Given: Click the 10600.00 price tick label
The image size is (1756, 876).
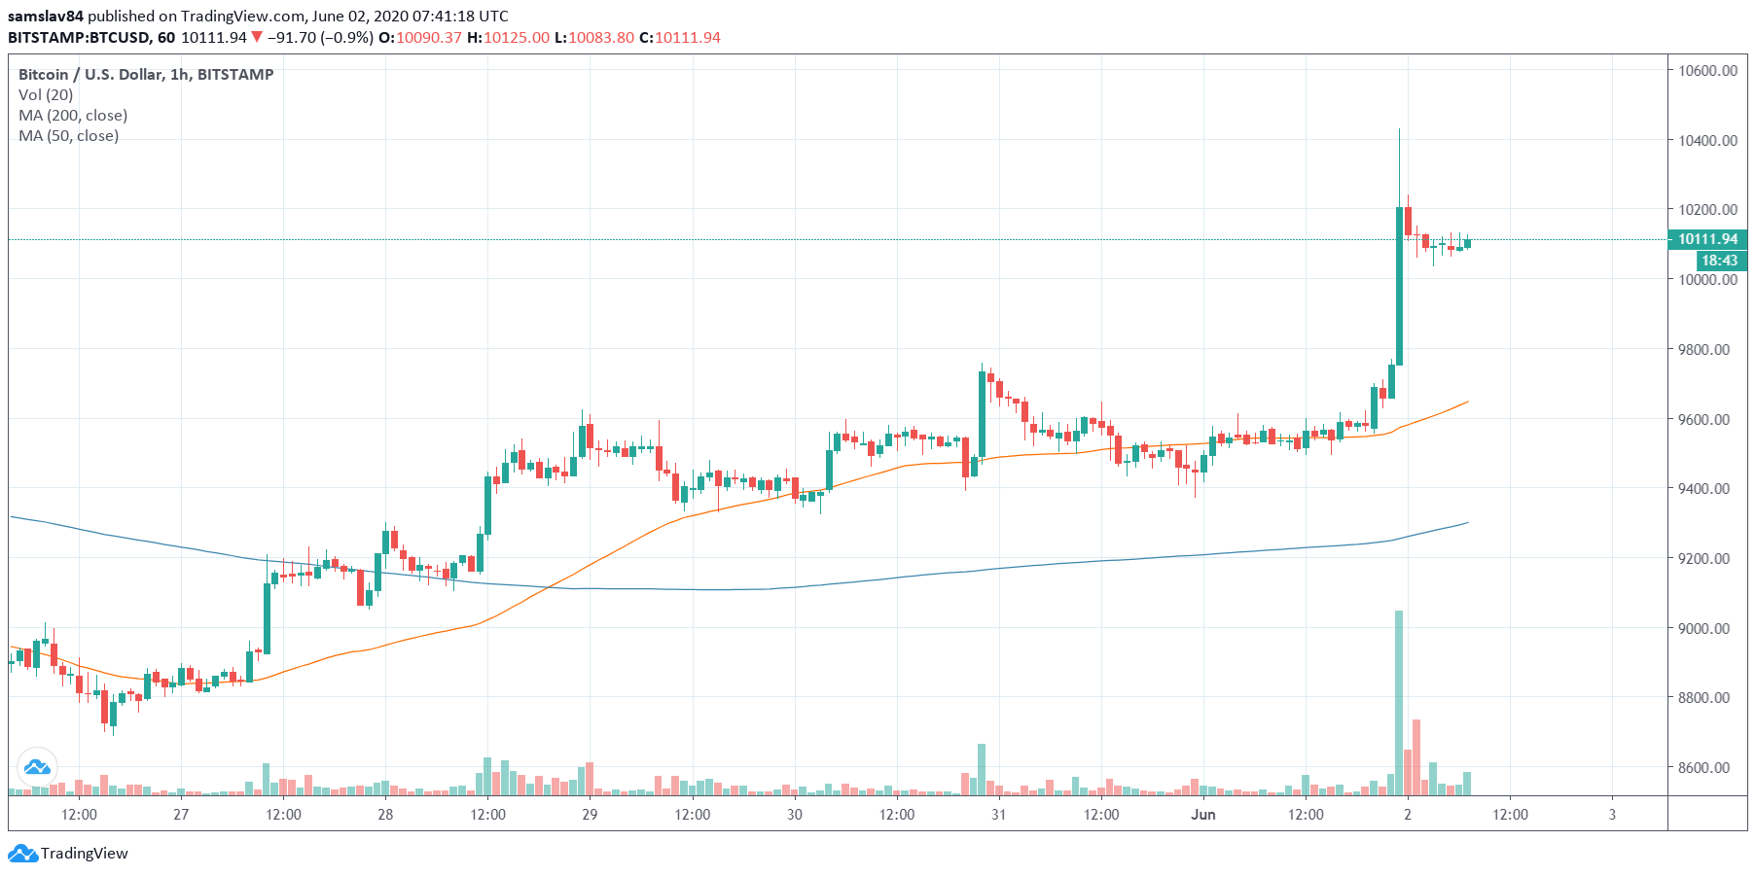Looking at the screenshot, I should [1707, 70].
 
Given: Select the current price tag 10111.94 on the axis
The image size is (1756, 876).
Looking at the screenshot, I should [1707, 239].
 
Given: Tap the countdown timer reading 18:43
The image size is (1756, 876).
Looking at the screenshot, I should [1719, 261].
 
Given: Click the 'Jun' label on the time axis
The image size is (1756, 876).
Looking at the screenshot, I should [1203, 815].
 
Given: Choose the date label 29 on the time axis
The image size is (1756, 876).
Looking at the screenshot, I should [590, 815].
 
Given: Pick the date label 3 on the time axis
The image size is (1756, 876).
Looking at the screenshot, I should [1612, 815].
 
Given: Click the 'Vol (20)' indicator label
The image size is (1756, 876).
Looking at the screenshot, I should [46, 94].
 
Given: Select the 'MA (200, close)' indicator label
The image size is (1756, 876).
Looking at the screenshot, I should [73, 115].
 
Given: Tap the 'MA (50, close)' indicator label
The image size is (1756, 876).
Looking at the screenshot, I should [68, 135].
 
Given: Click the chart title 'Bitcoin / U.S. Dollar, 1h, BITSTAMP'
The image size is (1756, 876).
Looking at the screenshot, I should [146, 74].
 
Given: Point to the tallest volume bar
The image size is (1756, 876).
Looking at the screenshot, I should [1399, 700].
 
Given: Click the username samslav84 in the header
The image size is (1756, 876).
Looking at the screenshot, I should [46, 16].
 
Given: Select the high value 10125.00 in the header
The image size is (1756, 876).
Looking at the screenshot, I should [516, 37].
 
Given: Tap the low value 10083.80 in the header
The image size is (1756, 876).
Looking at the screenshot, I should [600, 37].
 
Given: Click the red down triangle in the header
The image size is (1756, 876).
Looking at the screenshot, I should [257, 37].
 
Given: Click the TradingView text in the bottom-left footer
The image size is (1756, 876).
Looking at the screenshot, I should [84, 854].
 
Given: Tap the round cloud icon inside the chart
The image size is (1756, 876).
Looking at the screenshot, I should [37, 767].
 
